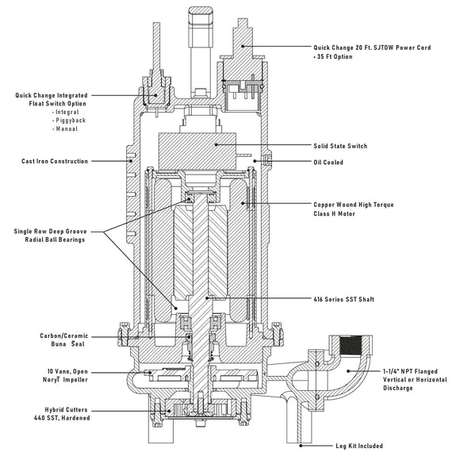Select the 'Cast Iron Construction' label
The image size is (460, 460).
tap(55, 161)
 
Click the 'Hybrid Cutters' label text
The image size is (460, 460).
tap(66, 409)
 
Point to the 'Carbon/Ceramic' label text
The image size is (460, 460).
tap(64, 335)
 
